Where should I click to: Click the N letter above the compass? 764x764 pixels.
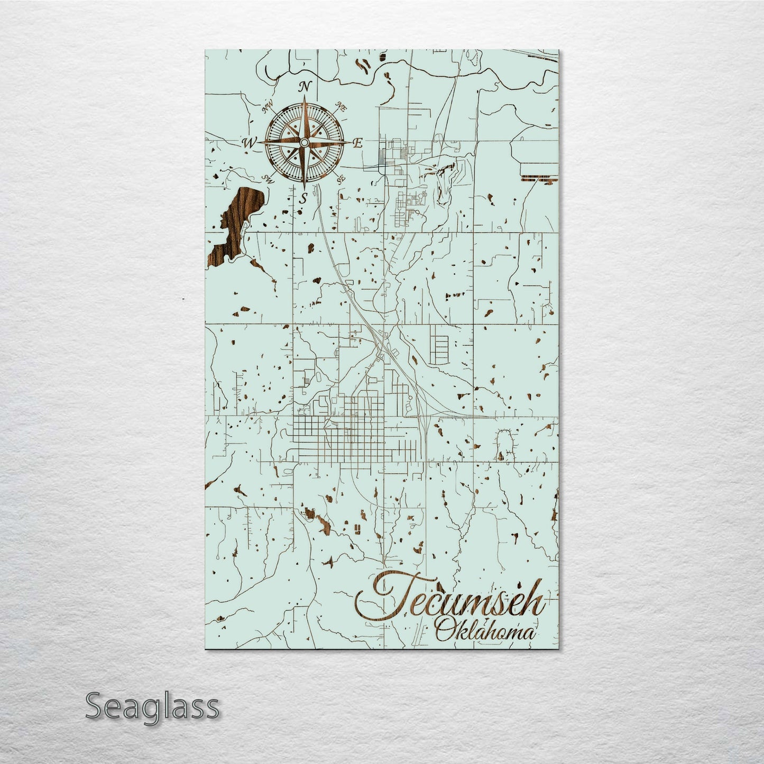pos(305,87)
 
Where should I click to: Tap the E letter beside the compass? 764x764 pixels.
pos(357,143)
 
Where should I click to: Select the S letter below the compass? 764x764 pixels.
pos(303,199)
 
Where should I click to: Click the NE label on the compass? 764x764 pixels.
pos(342,108)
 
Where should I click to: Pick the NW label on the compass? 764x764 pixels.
pos(267,110)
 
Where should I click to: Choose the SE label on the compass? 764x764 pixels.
pos(340,178)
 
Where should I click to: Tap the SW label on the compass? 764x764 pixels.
pos(269,179)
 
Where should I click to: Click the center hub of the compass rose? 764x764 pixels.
pos(304,143)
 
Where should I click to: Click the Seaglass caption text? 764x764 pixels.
pos(152,706)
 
